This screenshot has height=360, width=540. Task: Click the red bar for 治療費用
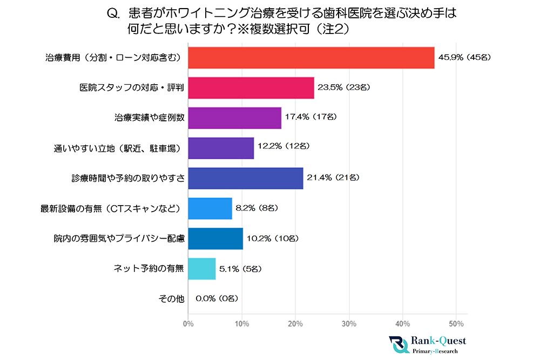[311, 58]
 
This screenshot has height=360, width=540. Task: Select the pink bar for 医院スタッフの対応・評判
[251, 88]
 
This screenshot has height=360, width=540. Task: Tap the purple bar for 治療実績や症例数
[234, 118]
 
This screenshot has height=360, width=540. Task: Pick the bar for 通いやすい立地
[221, 148]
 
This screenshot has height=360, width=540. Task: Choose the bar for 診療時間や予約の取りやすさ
[245, 178]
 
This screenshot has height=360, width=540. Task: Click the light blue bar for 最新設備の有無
[210, 208]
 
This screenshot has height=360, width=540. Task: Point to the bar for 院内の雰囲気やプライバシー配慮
[215, 239]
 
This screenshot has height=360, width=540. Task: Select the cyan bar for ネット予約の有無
[201, 268]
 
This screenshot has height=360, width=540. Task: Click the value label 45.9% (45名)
[464, 58]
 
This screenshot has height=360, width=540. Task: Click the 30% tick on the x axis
[349, 324]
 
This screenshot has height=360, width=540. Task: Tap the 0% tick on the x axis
[188, 324]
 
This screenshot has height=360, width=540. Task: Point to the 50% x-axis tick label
[456, 324]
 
